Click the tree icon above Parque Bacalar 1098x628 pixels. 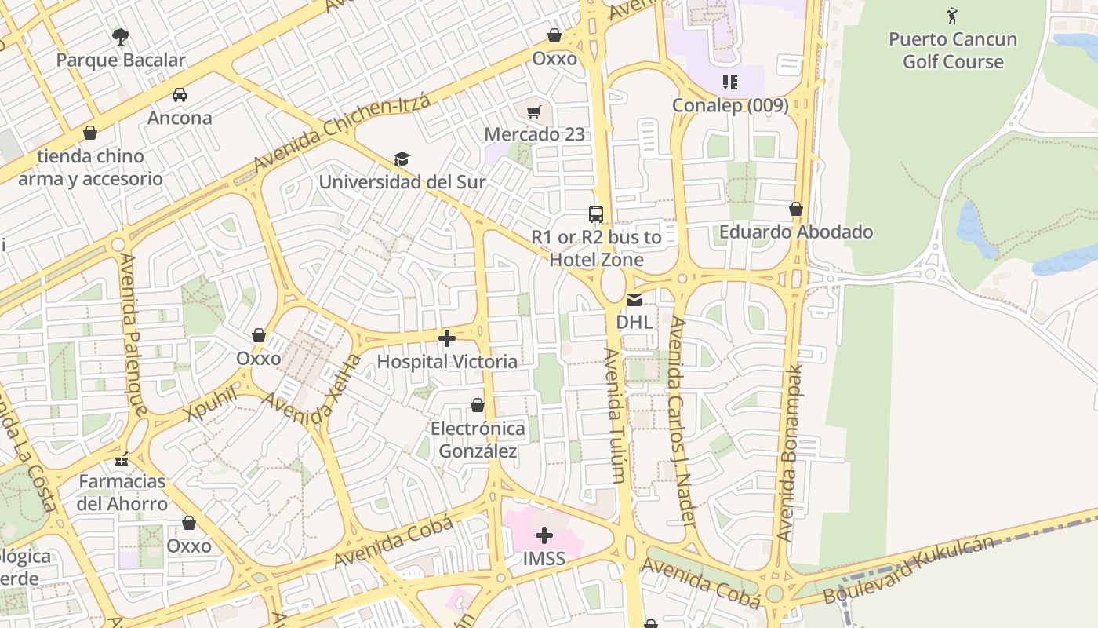[x=120, y=35]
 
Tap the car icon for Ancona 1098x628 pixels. [x=180, y=95]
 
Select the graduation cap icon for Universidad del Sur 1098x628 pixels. [x=402, y=159]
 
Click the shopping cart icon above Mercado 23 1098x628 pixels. [x=534, y=111]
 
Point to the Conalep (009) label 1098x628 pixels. [x=730, y=105]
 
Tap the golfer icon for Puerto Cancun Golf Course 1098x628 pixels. [x=952, y=15]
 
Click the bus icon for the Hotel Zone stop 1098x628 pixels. [x=596, y=214]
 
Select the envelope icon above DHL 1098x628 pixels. [x=634, y=299]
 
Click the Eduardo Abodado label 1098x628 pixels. [x=796, y=232]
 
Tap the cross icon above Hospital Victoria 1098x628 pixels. [x=447, y=338]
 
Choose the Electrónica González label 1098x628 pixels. [x=478, y=440]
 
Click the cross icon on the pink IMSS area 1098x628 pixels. [x=544, y=535]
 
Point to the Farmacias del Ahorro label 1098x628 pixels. [x=122, y=492]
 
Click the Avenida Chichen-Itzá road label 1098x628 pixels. [x=343, y=133]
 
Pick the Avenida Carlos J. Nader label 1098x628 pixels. [x=682, y=421]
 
